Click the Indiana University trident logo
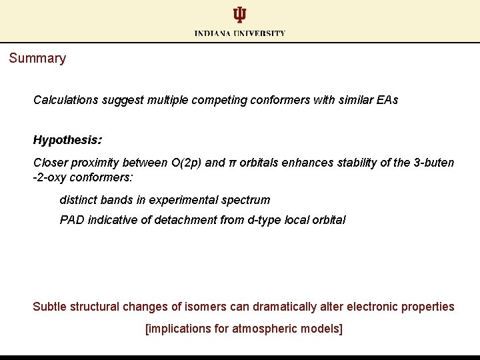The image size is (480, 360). point(239,15)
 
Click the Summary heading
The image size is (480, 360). point(37,58)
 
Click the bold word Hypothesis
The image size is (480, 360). point(66,140)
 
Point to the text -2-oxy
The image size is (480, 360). point(49,177)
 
